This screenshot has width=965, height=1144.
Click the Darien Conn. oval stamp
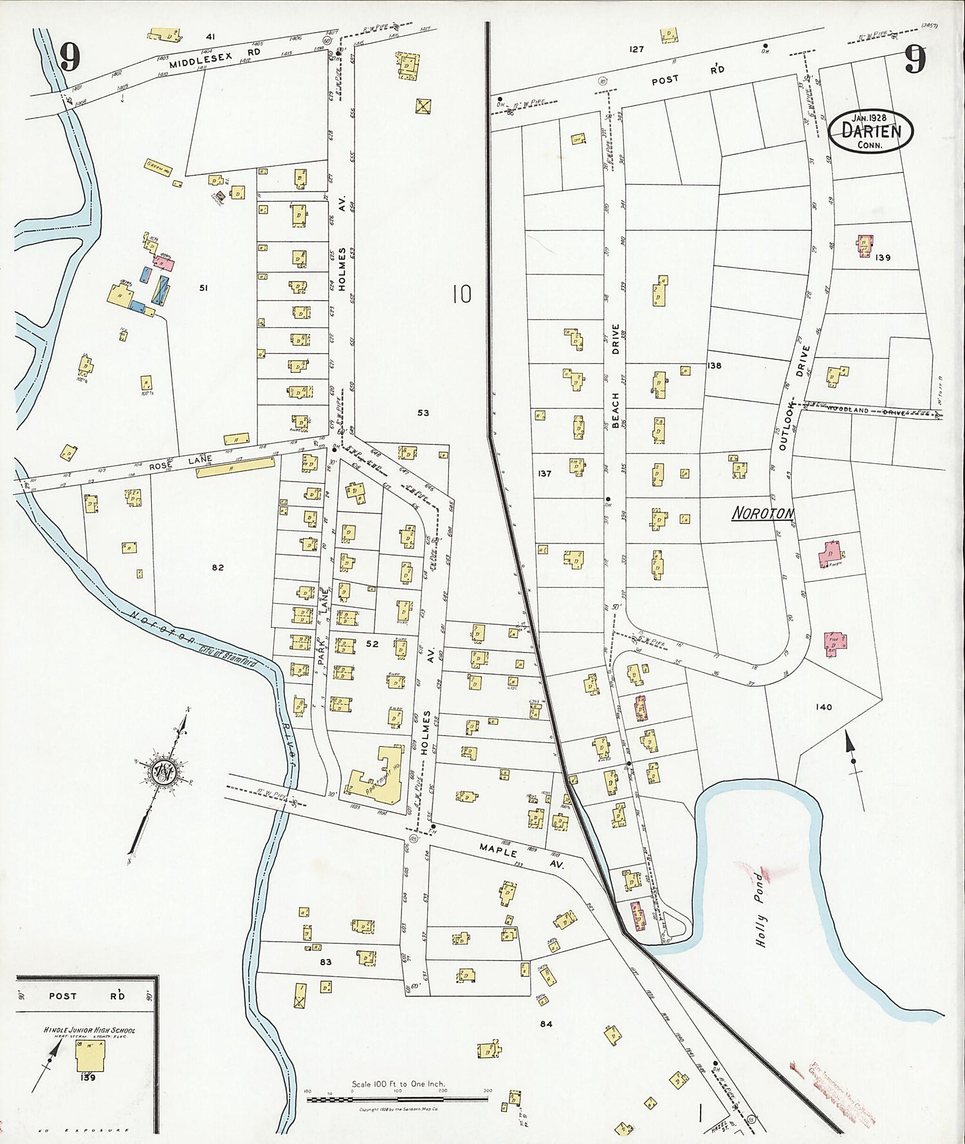click(870, 131)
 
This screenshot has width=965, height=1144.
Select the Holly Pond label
click(762, 909)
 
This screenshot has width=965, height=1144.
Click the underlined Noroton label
click(763, 513)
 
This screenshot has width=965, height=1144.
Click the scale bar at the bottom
click(397, 1099)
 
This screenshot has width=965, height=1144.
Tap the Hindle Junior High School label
click(89, 1030)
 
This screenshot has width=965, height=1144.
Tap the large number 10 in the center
click(461, 295)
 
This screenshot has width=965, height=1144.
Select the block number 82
click(217, 567)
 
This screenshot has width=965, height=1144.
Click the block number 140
click(823, 707)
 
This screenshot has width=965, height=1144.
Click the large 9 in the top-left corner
click(69, 59)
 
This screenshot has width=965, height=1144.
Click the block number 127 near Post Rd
click(636, 49)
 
